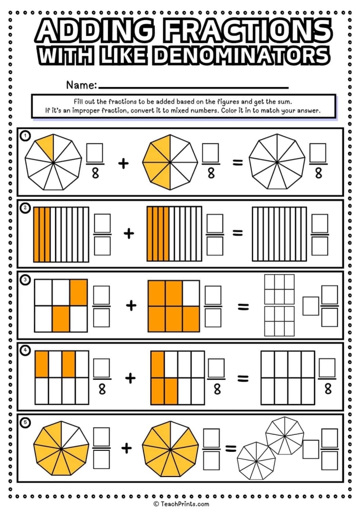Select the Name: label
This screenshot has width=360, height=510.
pyautogui.click(x=81, y=85)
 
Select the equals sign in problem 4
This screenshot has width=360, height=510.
pyautogui.click(x=243, y=379)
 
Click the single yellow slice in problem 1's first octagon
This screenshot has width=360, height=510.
pyautogui.click(x=46, y=147)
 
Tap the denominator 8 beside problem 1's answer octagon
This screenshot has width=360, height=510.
pyautogui.click(x=318, y=174)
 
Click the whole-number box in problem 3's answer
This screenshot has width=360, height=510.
pyautogui.click(x=310, y=306)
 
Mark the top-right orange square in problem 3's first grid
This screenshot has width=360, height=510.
pyautogui.click(x=79, y=292)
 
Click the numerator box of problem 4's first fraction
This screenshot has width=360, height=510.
pyautogui.click(x=102, y=366)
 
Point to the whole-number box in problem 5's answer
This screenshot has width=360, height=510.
pyautogui.click(x=310, y=449)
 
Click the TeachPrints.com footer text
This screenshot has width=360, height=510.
pyautogui.click(x=181, y=504)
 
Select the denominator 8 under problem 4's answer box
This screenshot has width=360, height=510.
pyautogui.click(x=327, y=390)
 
